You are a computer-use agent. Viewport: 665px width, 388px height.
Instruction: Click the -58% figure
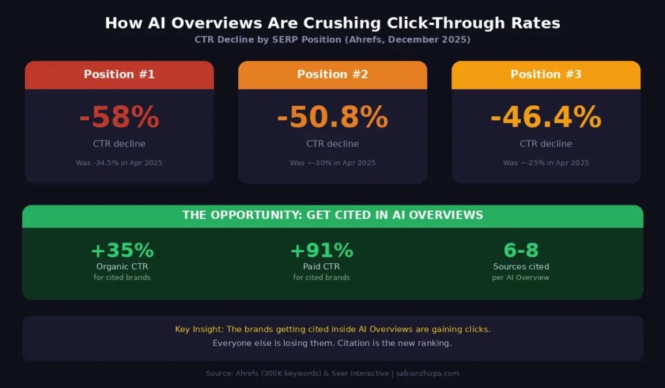[x=119, y=118]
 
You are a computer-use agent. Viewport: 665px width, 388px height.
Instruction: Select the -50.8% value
[x=332, y=118]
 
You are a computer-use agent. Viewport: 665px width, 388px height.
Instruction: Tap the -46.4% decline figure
[x=546, y=118]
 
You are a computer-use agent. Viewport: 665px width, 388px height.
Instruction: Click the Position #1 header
[x=119, y=74]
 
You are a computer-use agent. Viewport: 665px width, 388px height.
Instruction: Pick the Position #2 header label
[x=332, y=74]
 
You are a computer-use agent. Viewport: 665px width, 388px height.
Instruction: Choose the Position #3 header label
[x=546, y=74]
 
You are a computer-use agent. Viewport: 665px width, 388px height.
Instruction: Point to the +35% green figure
[x=122, y=250]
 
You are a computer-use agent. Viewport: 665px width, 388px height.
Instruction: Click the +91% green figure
[x=321, y=250]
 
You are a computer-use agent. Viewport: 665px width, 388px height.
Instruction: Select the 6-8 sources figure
[x=521, y=250]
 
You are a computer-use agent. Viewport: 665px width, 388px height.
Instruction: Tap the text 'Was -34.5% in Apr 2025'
[x=119, y=162]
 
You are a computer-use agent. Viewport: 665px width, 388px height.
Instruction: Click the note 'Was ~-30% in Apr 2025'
[x=332, y=162]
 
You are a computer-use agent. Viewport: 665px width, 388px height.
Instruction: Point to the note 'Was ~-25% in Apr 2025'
[x=546, y=162]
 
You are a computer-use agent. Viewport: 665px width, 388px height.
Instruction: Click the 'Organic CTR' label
[x=122, y=266]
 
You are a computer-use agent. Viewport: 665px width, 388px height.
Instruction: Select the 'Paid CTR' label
[x=321, y=266]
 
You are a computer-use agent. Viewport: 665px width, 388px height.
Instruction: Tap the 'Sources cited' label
[x=521, y=266]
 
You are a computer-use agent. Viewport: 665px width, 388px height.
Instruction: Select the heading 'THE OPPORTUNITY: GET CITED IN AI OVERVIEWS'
[x=332, y=215]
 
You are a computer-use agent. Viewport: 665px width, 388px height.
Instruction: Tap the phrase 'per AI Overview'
[x=521, y=278]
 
